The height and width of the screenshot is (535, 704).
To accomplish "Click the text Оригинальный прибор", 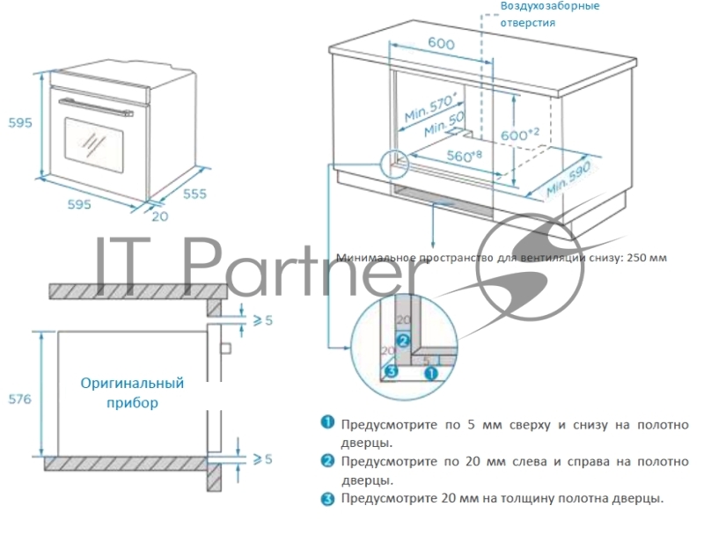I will (x=132, y=393).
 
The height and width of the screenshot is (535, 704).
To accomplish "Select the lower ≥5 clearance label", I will (x=262, y=458).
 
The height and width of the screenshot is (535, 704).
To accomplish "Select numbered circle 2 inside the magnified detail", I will (x=402, y=341).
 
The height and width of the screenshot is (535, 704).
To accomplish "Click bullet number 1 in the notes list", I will (x=326, y=424).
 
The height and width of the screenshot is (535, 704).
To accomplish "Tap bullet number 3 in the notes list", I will (x=326, y=498).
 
